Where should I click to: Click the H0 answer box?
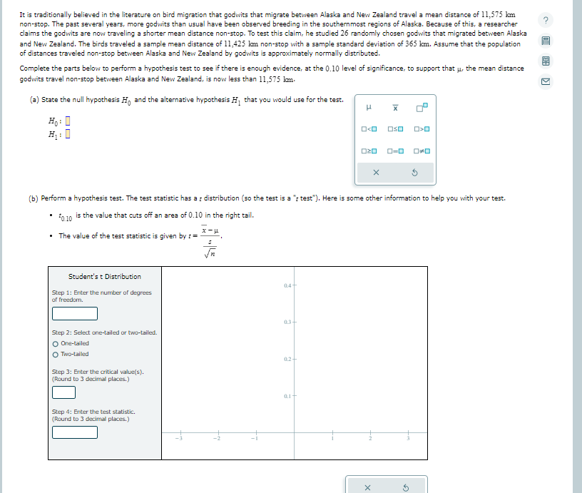point(68,121)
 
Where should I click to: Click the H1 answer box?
point(68,133)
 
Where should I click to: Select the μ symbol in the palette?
point(369,108)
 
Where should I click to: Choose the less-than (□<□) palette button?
point(369,129)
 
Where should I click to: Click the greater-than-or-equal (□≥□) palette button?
point(369,151)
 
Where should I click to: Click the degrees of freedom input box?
point(74,313)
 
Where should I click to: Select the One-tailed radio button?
point(56,342)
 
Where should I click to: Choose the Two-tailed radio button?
point(56,354)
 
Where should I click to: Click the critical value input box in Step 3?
point(63,392)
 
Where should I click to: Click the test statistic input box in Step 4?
point(74,432)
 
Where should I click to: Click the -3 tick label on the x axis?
point(180,439)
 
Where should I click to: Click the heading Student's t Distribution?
point(105,277)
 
